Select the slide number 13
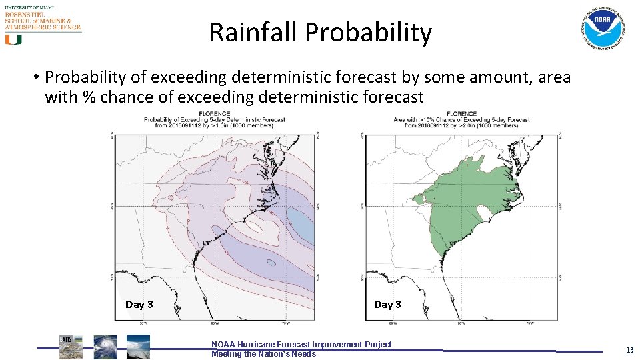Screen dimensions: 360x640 [629, 350]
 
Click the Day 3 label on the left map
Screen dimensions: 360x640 [139, 305]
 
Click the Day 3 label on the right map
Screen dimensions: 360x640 [387, 305]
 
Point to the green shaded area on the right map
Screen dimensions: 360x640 [467, 200]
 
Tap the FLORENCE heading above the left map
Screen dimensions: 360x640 [214, 113]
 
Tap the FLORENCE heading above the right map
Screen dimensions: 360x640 [462, 113]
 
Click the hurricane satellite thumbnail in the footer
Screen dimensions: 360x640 [105, 347]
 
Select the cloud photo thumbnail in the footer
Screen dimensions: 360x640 [138, 347]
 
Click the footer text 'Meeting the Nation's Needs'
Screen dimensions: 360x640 [263, 354]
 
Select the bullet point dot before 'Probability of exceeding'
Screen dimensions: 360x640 [35, 78]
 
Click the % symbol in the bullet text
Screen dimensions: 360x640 [88, 97]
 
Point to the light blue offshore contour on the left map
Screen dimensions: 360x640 [302, 220]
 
